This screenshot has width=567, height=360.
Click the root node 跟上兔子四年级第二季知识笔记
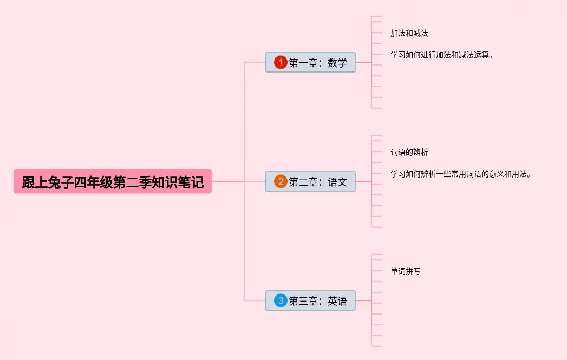[x=112, y=182]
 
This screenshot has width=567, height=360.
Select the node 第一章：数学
[x=310, y=62]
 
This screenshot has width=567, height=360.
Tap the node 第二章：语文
[x=310, y=181]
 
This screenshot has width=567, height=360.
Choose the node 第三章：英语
[x=310, y=300]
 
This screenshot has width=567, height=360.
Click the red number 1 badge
[x=280, y=62]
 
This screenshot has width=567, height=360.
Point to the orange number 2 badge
[x=280, y=181]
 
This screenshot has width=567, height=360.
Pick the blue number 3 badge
[x=280, y=300]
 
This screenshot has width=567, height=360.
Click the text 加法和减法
[x=409, y=33]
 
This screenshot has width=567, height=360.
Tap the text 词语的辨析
[x=409, y=152]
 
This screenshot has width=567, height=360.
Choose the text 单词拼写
[x=405, y=271]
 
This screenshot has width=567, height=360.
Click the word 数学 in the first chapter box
[x=337, y=63]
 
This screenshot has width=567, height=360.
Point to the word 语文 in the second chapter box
[x=337, y=182]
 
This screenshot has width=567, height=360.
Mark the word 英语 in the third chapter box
[x=337, y=301]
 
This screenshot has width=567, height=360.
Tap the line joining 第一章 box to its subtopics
[x=363, y=62]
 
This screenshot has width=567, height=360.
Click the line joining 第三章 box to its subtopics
[x=363, y=300]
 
